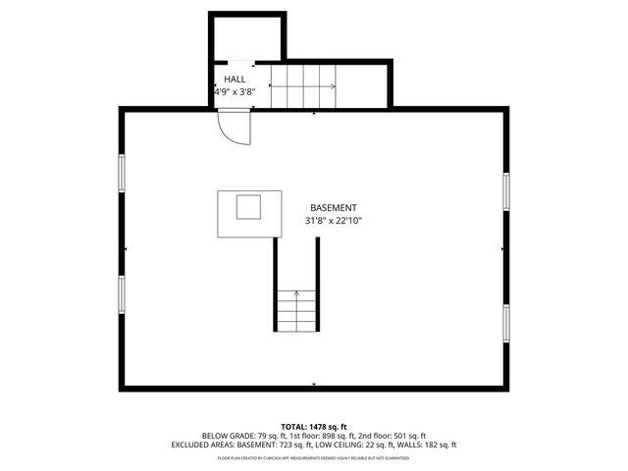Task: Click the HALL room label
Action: click(x=235, y=78)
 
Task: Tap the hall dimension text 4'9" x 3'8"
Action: click(x=235, y=91)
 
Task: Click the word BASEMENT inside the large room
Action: click(x=333, y=208)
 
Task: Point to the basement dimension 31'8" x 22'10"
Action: click(x=333, y=221)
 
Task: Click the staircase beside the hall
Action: click(x=303, y=86)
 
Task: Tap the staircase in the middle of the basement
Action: click(x=296, y=309)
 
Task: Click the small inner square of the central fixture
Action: click(x=248, y=207)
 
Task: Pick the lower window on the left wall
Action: click(x=122, y=293)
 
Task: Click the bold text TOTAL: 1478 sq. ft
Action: click(x=314, y=425)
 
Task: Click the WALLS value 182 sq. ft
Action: click(x=437, y=445)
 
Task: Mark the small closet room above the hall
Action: click(x=246, y=39)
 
